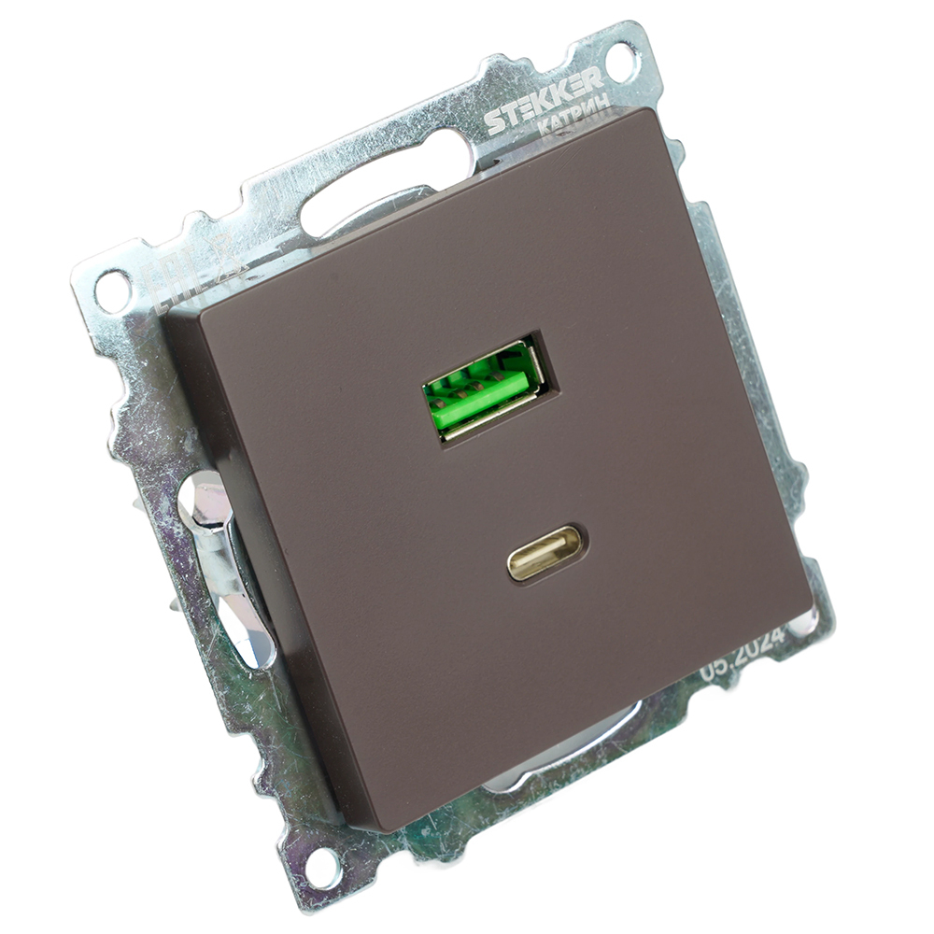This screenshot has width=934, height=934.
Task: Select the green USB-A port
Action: (x=486, y=388)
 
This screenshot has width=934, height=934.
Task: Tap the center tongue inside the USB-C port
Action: (x=546, y=552)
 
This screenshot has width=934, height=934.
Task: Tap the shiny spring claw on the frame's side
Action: (x=224, y=570)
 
